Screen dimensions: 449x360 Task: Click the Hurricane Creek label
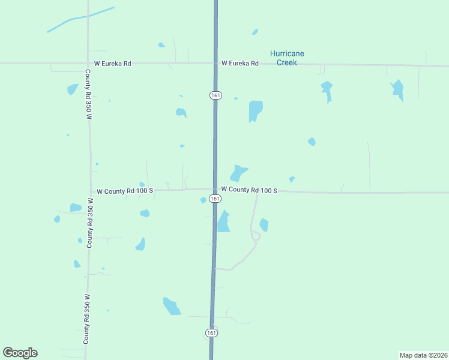click(x=287, y=58)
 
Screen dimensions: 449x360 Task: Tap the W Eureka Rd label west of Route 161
click(x=112, y=63)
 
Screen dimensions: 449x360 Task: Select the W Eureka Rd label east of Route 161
click(x=240, y=63)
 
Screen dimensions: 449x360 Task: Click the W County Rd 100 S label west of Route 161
click(x=125, y=191)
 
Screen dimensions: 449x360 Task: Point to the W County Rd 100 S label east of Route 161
click(x=249, y=190)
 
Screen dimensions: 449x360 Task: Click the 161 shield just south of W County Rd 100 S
click(x=214, y=199)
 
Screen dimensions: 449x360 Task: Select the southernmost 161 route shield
click(x=211, y=332)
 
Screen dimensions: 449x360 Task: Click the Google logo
click(x=20, y=353)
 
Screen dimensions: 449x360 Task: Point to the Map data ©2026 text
click(x=423, y=355)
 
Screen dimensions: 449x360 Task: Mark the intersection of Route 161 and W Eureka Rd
click(x=215, y=63)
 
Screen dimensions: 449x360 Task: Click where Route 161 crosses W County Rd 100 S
click(x=214, y=190)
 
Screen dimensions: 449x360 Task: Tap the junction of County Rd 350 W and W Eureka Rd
click(x=88, y=63)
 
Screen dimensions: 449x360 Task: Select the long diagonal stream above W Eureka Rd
click(x=80, y=19)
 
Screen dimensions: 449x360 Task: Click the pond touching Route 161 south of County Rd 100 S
click(x=223, y=222)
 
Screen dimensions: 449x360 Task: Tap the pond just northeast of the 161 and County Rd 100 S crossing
click(x=238, y=173)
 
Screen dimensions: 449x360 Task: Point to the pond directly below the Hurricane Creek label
click(x=256, y=111)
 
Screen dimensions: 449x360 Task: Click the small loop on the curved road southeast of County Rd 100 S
click(x=256, y=236)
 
